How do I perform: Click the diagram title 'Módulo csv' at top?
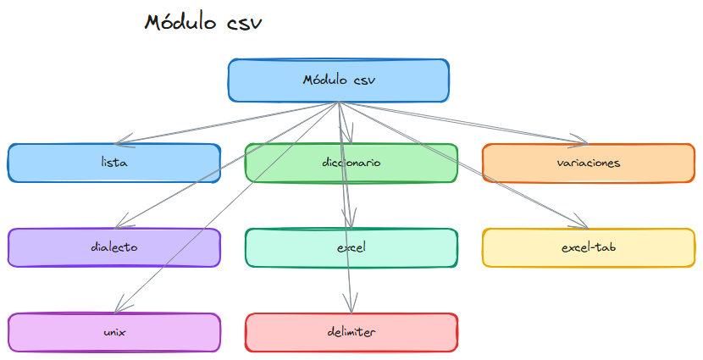pyautogui.click(x=203, y=22)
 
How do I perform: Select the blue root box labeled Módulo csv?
pyautogui.click(x=338, y=80)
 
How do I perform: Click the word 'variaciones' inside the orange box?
pyautogui.click(x=589, y=163)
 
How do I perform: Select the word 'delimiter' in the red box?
pyautogui.click(x=351, y=332)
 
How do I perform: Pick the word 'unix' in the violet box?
pyautogui.click(x=114, y=332)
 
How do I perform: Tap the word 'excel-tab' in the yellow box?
pyautogui.click(x=589, y=248)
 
